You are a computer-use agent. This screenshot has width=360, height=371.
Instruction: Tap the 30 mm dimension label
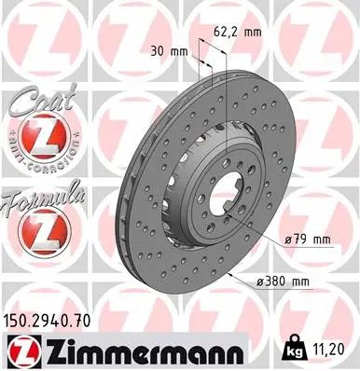pos(168,51)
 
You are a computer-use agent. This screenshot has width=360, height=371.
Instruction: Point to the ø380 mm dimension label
pos(286,282)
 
